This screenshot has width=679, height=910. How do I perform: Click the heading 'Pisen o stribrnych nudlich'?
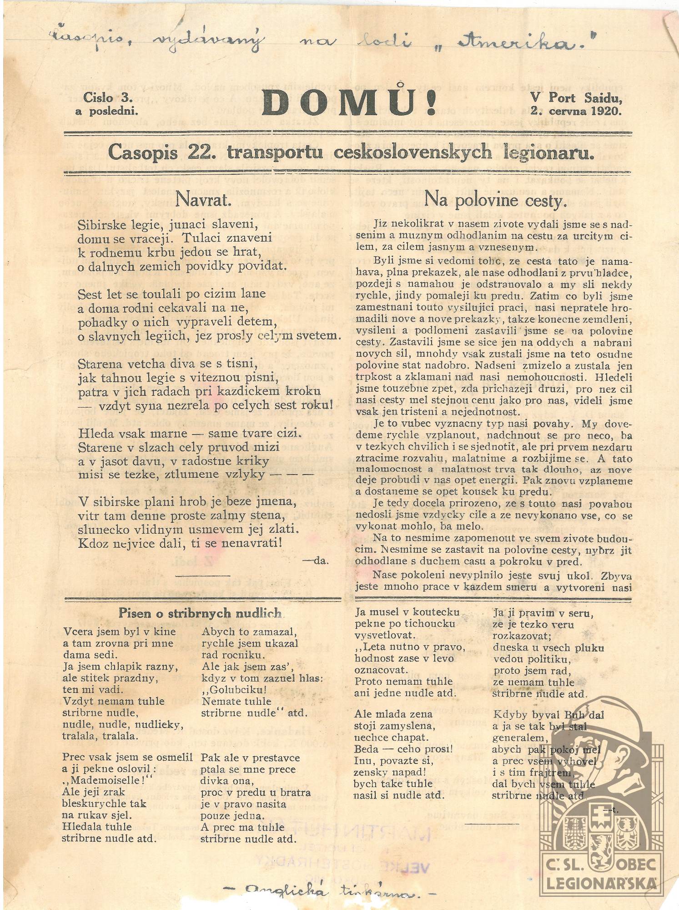200,613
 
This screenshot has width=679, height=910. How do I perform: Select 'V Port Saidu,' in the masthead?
575,97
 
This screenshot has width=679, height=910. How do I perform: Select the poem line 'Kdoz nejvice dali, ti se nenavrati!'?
181,543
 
